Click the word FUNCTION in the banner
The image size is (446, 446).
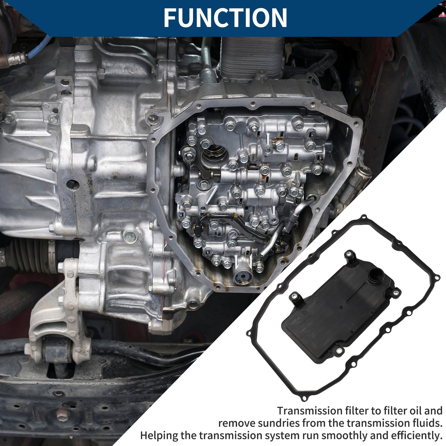[x=225, y=18]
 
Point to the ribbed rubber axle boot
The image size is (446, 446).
[x=30, y=254]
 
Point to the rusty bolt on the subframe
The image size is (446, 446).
[x=63, y=415]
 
